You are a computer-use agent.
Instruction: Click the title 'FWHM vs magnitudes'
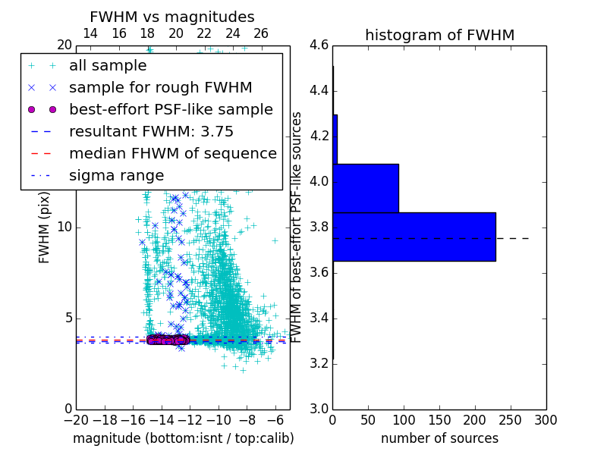coord(172,17)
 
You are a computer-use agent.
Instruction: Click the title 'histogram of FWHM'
coord(439,35)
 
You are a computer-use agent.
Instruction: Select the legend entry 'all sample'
coord(108,66)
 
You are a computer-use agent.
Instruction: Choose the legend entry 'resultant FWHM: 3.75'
coord(151,131)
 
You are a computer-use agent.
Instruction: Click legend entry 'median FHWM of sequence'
coord(172,153)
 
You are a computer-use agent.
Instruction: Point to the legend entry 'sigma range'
coord(116,175)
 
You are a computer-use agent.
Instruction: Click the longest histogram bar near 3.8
coord(414,237)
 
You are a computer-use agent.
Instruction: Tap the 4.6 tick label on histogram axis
coord(319,45)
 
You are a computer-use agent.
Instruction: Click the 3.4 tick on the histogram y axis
coord(319,318)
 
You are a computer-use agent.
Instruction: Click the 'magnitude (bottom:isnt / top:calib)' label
coord(183,438)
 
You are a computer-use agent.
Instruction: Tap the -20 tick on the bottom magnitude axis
coord(76,420)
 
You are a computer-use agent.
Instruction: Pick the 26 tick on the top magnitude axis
coord(261,33)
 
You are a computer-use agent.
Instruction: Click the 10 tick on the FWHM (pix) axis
coord(65,227)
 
